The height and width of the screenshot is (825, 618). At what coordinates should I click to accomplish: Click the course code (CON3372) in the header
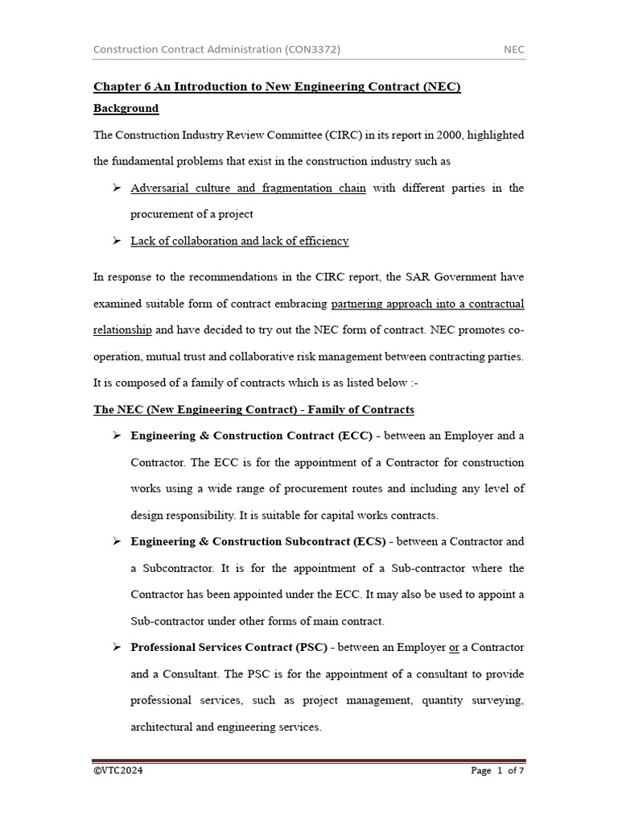click(x=312, y=50)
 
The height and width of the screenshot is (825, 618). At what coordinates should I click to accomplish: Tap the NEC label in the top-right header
click(x=513, y=50)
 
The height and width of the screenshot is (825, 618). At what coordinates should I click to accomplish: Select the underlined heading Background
click(x=126, y=109)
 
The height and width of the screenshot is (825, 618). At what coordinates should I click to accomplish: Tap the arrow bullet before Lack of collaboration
click(x=116, y=241)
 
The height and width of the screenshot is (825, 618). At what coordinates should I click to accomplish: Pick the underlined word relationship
click(x=122, y=330)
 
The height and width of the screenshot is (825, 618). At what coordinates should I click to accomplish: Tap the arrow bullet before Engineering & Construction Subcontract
click(x=116, y=541)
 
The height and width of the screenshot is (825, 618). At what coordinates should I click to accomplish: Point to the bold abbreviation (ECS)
click(x=366, y=542)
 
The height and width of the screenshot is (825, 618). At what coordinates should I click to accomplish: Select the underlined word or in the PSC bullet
click(x=454, y=648)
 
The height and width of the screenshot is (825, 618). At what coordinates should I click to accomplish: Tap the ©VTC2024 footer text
click(x=118, y=771)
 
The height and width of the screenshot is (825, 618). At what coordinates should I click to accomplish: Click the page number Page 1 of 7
click(x=497, y=771)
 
